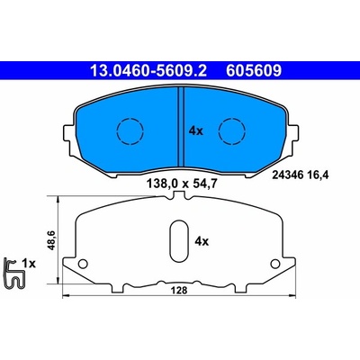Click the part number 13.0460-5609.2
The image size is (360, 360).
148,71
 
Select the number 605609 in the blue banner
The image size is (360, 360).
254,71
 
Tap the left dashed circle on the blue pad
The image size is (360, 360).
130,130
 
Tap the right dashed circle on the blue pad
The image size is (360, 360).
232,130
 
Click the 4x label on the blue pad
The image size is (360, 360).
196,131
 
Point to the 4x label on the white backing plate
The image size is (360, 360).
202,241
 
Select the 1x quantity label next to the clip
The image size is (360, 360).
29,264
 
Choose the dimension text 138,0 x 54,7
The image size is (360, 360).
181,183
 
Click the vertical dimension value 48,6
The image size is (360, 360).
50,241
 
